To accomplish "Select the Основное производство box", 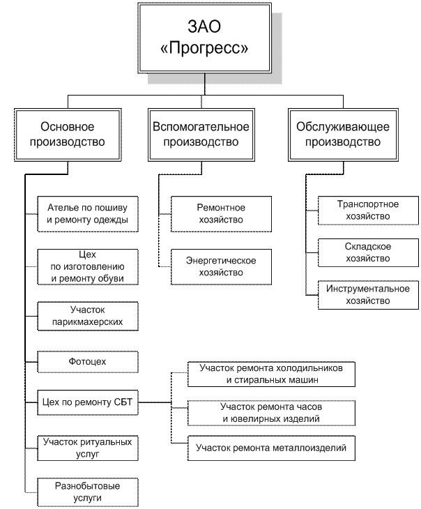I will click(68, 135).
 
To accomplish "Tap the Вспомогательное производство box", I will click(201, 135).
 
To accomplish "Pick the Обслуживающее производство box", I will click(343, 135).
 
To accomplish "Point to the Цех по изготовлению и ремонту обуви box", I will click(88, 267).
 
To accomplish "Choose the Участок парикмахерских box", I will click(88, 316).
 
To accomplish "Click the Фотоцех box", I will click(88, 362).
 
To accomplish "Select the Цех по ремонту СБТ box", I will click(88, 402).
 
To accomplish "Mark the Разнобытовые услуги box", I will click(88, 492).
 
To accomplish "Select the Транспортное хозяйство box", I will click(367, 211).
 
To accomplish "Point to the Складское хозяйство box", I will click(367, 253).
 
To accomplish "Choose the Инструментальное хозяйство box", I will click(367, 295).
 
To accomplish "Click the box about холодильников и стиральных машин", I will click(272, 374).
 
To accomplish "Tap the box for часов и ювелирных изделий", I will click(272, 413).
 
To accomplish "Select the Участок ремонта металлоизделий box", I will click(272, 448).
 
